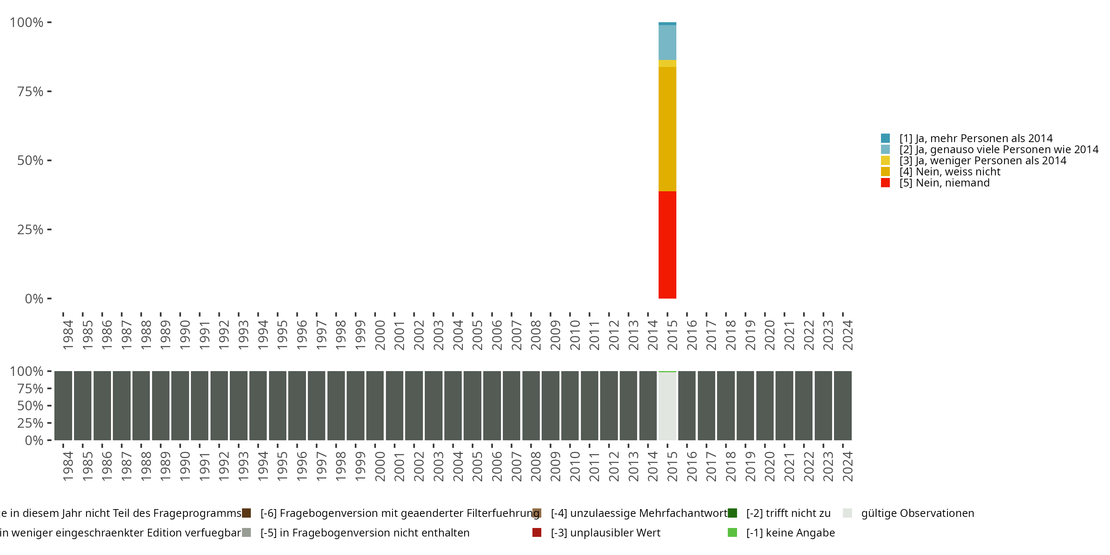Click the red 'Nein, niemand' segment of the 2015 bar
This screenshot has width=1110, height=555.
pos(667,244)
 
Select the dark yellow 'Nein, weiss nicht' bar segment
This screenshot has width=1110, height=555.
pos(667,129)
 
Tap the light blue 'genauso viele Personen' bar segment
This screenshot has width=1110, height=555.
pos(667,42)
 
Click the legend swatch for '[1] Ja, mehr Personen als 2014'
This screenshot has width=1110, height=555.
pos(885,138)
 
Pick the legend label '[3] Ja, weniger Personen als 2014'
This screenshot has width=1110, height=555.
pos(982,161)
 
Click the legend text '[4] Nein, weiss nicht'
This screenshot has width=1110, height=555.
pos(949,172)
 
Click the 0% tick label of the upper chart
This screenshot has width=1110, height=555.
pos(34,299)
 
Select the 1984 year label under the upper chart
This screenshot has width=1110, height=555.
pos(68,335)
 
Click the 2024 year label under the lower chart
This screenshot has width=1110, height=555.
pos(847,466)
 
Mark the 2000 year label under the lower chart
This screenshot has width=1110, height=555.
pos(380,466)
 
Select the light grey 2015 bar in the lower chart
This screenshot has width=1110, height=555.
pos(667,406)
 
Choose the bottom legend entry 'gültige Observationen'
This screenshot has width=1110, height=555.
pos(917,513)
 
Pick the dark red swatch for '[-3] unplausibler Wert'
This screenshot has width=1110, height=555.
pos(536,532)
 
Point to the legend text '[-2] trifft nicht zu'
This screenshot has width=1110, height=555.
pos(788,513)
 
